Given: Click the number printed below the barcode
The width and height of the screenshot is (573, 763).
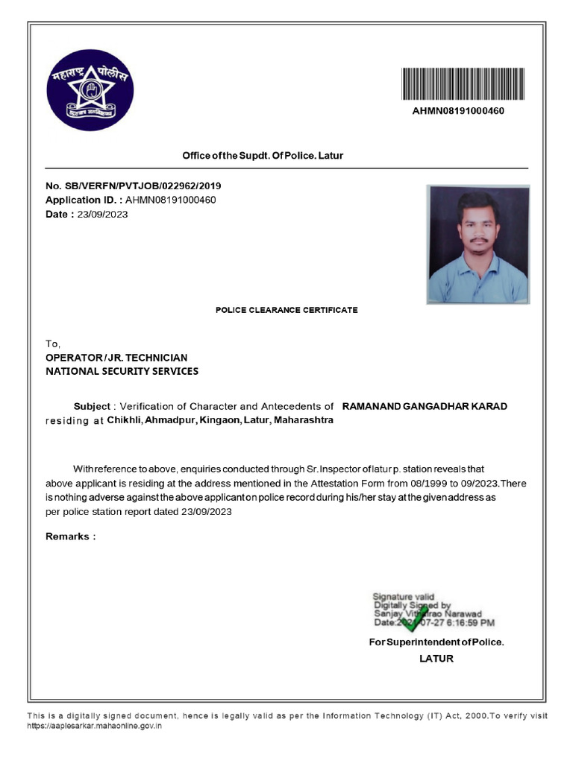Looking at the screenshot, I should pyautogui.click(x=463, y=111).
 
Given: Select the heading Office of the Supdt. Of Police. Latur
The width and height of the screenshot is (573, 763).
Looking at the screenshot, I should pyautogui.click(x=263, y=156).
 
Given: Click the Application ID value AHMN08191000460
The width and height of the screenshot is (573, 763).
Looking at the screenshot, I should pyautogui.click(x=170, y=200).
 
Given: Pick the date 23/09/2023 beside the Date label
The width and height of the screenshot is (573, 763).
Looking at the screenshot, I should pyautogui.click(x=102, y=215).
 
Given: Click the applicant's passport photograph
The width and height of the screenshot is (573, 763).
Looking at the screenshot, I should pyautogui.click(x=477, y=244).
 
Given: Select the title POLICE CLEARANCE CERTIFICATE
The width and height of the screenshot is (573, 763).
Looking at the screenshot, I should pyautogui.click(x=286, y=310).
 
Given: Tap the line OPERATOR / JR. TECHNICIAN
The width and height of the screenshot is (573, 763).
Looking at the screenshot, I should pyautogui.click(x=116, y=358).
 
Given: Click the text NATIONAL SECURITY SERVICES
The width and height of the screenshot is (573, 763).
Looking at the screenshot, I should pyautogui.click(x=122, y=371).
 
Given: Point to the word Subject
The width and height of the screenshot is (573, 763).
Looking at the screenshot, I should pyautogui.click(x=91, y=407).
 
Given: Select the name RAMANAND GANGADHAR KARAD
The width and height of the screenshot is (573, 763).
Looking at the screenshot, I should pyautogui.click(x=424, y=407).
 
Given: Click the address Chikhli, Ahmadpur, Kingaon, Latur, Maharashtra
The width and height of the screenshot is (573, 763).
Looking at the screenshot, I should pyautogui.click(x=220, y=420).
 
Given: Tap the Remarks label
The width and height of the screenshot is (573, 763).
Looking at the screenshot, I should pyautogui.click(x=70, y=536).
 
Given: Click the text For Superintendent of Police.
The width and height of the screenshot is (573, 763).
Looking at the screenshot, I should pyautogui.click(x=436, y=642).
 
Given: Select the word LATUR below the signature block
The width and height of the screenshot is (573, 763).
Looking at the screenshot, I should pyautogui.click(x=436, y=659).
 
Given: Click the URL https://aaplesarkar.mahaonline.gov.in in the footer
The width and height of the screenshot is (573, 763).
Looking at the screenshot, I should pyautogui.click(x=95, y=725).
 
